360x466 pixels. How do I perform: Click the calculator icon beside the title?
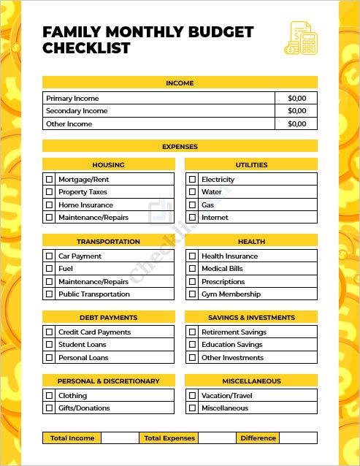pyautogui.click(x=299, y=38)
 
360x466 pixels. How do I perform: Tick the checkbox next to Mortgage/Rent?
pyautogui.click(x=50, y=179)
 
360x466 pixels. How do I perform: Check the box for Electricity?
pyautogui.click(x=193, y=179)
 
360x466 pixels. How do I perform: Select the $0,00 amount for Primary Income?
pyautogui.click(x=296, y=98)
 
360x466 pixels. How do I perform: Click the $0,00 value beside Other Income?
pyautogui.click(x=296, y=123)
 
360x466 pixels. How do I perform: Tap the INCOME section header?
pyautogui.click(x=180, y=83)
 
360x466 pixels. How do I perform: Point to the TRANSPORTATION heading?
pyautogui.click(x=108, y=241)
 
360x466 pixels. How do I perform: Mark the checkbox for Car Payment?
pyautogui.click(x=50, y=256)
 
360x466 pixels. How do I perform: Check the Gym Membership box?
pyautogui.click(x=193, y=294)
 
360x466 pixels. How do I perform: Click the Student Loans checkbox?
pyautogui.click(x=50, y=345)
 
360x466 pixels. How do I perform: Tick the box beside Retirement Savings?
pyautogui.click(x=193, y=332)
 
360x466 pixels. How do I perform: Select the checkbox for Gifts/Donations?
pyautogui.click(x=50, y=408)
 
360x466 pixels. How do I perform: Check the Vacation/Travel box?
pyautogui.click(x=193, y=395)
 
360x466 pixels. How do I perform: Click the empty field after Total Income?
pyautogui.click(x=120, y=438)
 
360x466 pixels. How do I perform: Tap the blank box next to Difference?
pyautogui.click(x=298, y=438)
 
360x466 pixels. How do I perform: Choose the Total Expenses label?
pyautogui.click(x=169, y=438)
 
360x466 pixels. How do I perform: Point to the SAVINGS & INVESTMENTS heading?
pyautogui.click(x=251, y=318)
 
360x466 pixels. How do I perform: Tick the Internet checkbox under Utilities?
pyautogui.click(x=193, y=218)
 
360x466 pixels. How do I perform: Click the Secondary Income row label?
pyautogui.click(x=77, y=111)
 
